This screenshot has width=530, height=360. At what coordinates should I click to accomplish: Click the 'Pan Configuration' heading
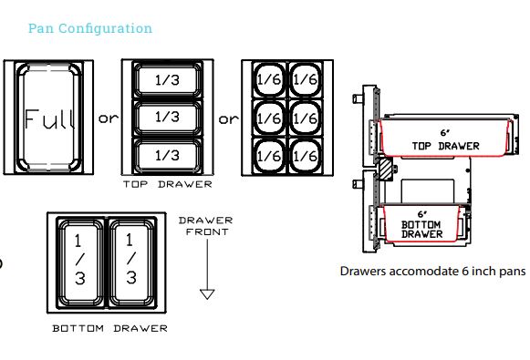(x=90, y=28)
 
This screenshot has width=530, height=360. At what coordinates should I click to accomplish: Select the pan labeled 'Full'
(x=48, y=118)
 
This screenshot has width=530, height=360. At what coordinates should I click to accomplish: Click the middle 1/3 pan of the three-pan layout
(x=167, y=118)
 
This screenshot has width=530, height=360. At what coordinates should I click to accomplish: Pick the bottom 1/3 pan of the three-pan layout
(x=167, y=155)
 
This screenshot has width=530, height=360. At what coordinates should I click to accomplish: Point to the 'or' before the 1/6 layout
(x=227, y=118)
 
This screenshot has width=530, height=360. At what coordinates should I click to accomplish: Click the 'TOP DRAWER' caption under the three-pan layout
(x=167, y=184)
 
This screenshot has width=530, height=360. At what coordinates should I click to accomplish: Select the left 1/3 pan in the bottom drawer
(x=79, y=262)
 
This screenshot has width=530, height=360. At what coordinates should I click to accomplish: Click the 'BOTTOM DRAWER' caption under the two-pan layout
(x=109, y=328)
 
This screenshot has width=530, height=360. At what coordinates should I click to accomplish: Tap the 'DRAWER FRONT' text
(x=205, y=226)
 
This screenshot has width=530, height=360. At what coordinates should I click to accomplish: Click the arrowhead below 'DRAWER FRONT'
(x=207, y=293)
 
